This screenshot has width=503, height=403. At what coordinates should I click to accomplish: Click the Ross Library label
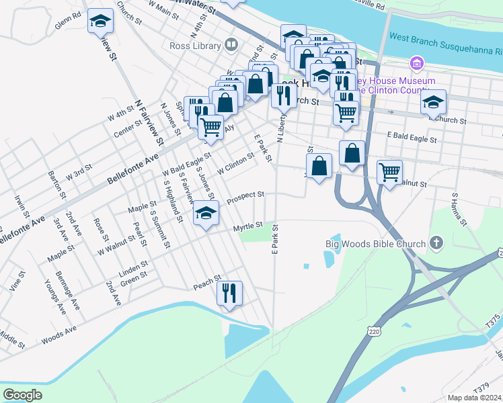[195, 46]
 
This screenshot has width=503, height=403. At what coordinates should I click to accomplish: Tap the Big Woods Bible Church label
[375, 244]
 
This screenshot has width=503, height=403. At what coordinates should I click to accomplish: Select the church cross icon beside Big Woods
[436, 243]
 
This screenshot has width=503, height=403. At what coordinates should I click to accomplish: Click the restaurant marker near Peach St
[229, 294]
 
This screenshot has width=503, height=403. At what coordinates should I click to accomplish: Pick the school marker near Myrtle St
[206, 215]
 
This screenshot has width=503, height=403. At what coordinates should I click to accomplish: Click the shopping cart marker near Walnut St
[389, 172]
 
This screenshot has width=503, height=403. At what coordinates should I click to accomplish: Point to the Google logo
[22, 395]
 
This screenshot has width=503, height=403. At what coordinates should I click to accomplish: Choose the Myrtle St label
[247, 228]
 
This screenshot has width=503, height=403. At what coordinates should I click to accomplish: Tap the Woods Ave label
[59, 334]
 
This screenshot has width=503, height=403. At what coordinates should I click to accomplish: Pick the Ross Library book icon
[231, 45]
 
